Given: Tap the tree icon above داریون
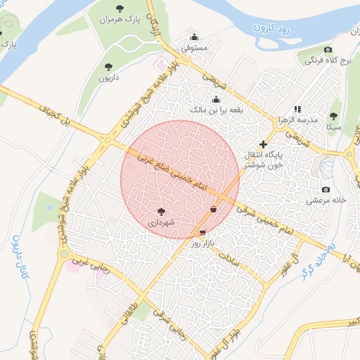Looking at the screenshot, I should pos(108,67).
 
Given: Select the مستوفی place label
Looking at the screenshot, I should pos(194,49).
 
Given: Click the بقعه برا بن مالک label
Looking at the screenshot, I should pos(215,110).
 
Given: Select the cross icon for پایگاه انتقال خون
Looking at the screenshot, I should pos(263,144).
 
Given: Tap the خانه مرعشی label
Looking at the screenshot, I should pos(326,200).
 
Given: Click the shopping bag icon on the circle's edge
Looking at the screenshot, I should pos(213,209).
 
